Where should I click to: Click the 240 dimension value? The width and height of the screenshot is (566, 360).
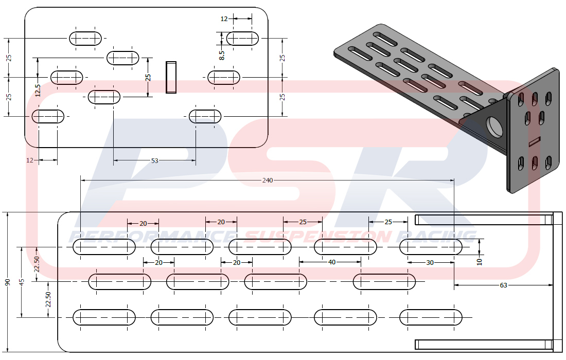click(268, 181)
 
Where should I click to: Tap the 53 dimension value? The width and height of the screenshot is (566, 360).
click(154, 161)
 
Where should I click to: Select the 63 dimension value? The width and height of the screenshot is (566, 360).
click(503, 284)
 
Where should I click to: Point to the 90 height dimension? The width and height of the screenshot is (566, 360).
click(7, 282)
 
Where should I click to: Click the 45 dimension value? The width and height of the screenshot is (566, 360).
click(21, 282)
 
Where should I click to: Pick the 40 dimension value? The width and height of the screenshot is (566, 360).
click(331, 262)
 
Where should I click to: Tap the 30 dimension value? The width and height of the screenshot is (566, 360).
click(430, 262)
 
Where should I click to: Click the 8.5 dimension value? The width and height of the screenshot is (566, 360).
click(222, 56)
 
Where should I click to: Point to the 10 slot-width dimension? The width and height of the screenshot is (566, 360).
click(479, 261)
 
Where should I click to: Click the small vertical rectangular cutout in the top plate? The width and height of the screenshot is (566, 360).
click(171, 77)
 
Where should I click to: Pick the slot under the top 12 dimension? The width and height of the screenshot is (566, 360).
click(242, 38)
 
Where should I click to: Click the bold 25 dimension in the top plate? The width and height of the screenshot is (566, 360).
click(148, 77)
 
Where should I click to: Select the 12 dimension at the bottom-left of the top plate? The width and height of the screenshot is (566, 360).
click(29, 161)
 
